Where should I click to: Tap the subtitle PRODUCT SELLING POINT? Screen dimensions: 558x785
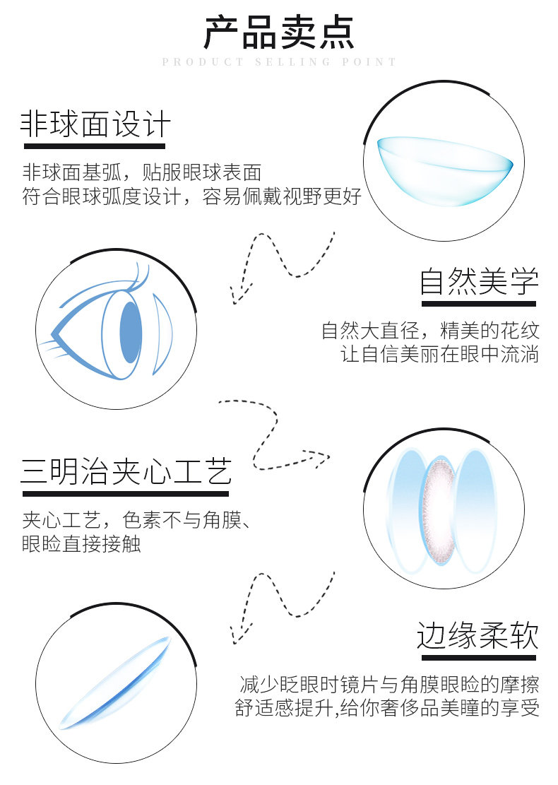pyautogui.click(x=279, y=62)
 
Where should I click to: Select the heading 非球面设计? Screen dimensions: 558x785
pyautogui.click(x=95, y=125)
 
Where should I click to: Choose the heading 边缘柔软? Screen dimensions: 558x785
pyautogui.click(x=477, y=635)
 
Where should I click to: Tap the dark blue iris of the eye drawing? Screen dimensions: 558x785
pyautogui.click(x=131, y=334)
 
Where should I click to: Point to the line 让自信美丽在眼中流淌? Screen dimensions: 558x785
pyautogui.click(x=441, y=353)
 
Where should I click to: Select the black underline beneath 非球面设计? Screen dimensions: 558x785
pyautogui.click(x=95, y=146)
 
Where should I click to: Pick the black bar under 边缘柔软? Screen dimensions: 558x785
pyautogui.click(x=477, y=657)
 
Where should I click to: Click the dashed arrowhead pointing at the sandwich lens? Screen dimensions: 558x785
pyautogui.click(x=321, y=457)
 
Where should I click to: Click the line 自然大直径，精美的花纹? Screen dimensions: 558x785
pyautogui.click(x=429, y=330)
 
